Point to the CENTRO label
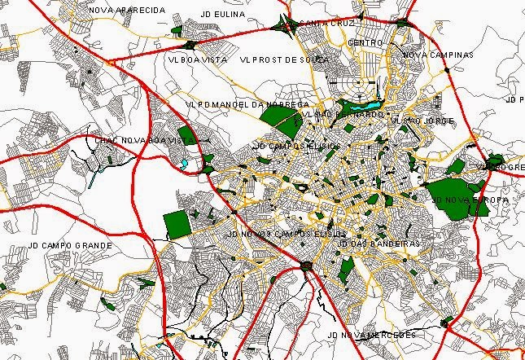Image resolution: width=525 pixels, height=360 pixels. [x=365, y=42]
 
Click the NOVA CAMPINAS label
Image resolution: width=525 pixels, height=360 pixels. [x=437, y=55]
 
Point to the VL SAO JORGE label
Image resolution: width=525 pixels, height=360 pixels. [x=419, y=121]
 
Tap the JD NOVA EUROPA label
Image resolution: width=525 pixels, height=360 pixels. [x=470, y=199]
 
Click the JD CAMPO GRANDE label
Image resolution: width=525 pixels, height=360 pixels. [x=68, y=244]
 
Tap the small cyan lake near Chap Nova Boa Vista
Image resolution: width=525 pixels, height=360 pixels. [x=185, y=163]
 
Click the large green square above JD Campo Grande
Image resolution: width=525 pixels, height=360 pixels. [x=176, y=223]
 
